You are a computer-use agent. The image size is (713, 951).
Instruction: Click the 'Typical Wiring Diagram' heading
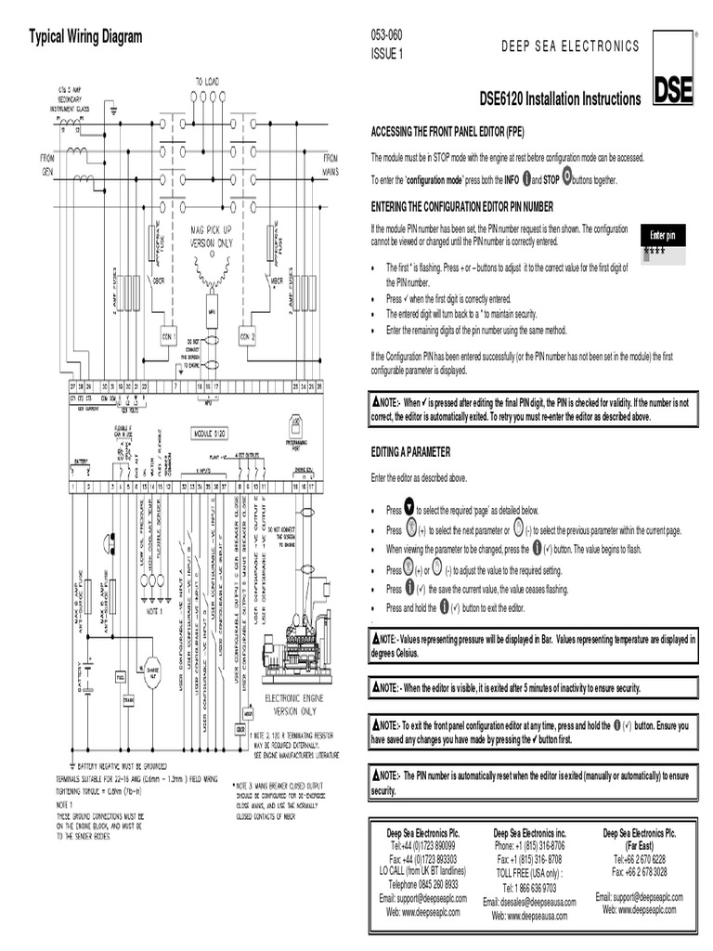tap(85, 37)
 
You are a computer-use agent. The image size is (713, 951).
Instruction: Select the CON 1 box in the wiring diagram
tap(169, 336)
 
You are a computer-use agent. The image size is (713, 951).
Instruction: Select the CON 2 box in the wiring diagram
tap(247, 336)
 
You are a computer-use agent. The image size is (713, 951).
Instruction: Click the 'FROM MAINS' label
tap(331, 165)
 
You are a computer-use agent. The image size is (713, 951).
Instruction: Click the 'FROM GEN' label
tap(47, 165)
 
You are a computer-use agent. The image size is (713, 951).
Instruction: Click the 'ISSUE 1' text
tap(387, 53)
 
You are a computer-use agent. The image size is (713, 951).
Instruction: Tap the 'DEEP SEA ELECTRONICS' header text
tap(570, 46)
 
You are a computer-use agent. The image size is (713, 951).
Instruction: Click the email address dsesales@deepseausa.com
tap(529, 902)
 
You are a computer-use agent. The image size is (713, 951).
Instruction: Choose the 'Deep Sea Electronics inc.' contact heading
tap(529, 833)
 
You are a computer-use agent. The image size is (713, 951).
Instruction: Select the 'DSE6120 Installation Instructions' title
tap(560, 99)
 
